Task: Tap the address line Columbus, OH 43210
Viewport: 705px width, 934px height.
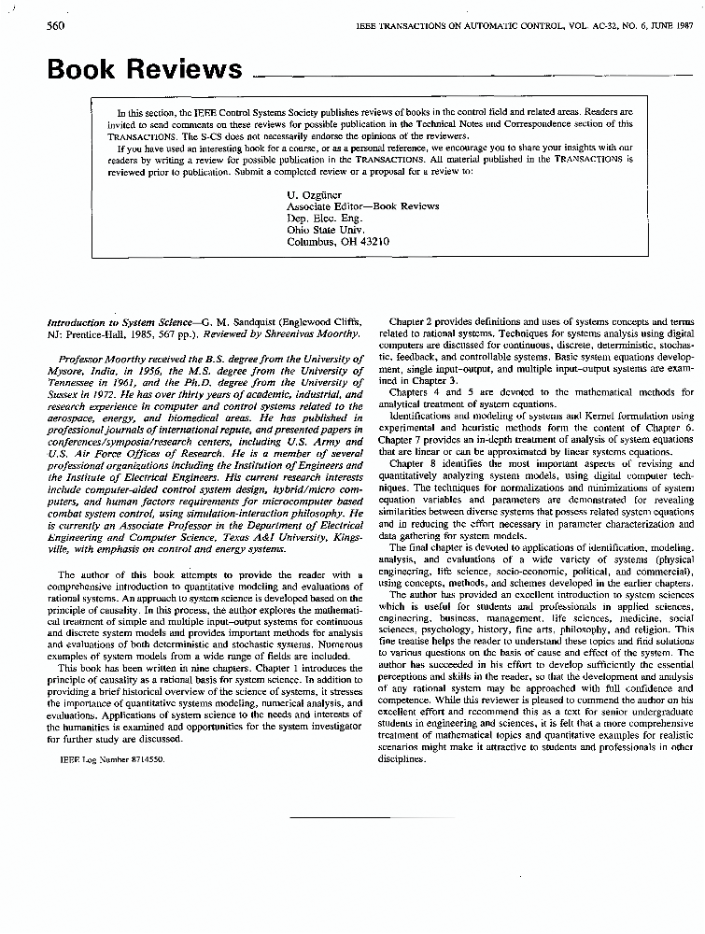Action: click(x=338, y=242)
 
